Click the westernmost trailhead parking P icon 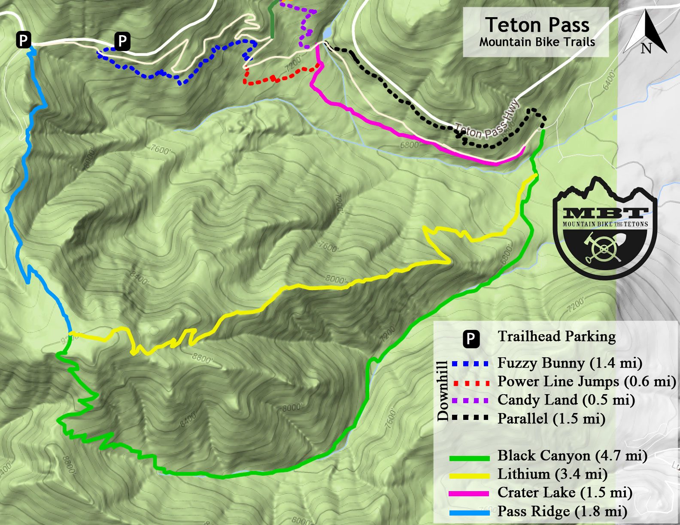(x=24, y=40)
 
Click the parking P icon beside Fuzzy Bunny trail (x=122, y=42)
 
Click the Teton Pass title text (x=537, y=25)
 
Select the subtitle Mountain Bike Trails (x=537, y=42)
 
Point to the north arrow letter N (x=646, y=48)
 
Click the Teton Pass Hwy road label (x=488, y=122)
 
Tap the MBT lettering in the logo (x=605, y=213)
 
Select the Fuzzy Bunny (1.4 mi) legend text (x=570, y=363)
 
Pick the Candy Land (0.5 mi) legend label (x=566, y=400)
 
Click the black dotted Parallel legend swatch (x=471, y=417)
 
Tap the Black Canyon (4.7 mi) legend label (x=572, y=456)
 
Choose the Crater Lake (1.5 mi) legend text (x=565, y=492)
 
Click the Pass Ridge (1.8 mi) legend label (x=562, y=511)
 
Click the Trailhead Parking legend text (x=556, y=336)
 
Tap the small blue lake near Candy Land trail (x=327, y=33)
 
